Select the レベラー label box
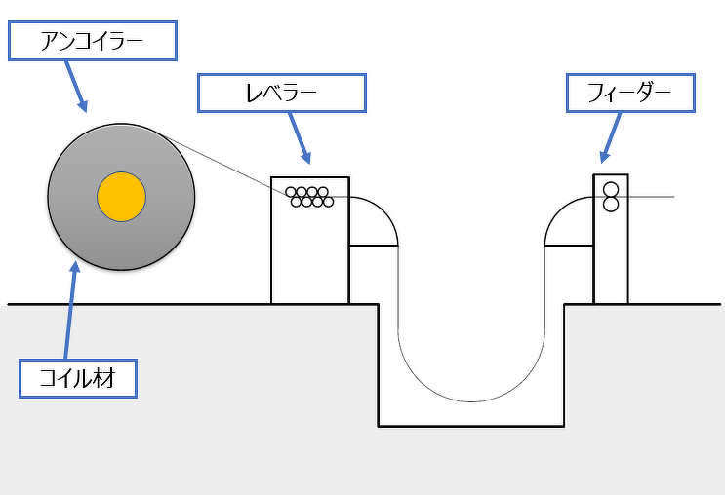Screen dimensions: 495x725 tap(281, 93)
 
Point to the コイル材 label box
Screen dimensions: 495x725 tap(78, 377)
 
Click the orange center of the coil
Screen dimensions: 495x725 tap(121, 198)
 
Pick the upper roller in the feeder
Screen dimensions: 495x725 tap(612, 189)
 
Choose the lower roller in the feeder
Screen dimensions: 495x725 tap(612, 204)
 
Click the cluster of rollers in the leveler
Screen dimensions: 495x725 tap(309, 197)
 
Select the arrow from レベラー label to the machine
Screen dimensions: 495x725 tap(300, 137)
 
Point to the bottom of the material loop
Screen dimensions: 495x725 tap(471, 400)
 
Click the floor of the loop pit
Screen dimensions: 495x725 tap(471, 426)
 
